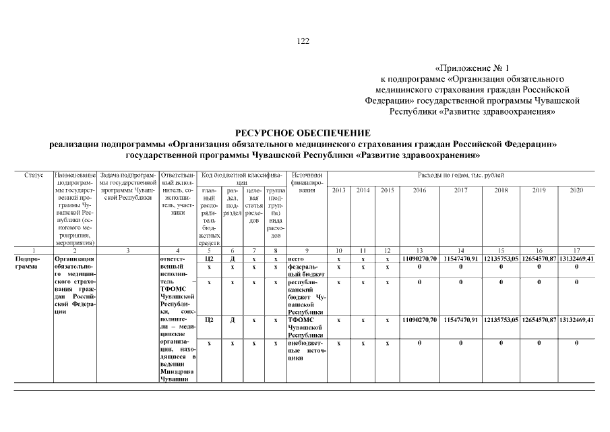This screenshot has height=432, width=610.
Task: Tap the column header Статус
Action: pos(34,175)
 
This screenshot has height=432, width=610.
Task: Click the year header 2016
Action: pos(419,190)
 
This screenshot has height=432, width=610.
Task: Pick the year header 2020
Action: pos(576,190)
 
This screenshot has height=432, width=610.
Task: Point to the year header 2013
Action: pos(339,190)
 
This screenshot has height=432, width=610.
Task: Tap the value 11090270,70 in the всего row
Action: pos(419,259)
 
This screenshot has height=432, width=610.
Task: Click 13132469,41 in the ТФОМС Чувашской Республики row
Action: pos(576,319)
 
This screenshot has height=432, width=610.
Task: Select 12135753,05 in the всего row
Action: pos(500,259)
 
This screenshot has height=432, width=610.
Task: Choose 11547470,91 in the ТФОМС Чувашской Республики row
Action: pos(460,319)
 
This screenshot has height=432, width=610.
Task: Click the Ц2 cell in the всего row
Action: pos(209,259)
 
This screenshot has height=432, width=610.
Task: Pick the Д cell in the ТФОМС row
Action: pos(231,319)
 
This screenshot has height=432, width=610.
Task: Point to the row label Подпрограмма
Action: pos(28,263)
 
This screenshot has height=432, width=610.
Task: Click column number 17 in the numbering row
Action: pos(576,250)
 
